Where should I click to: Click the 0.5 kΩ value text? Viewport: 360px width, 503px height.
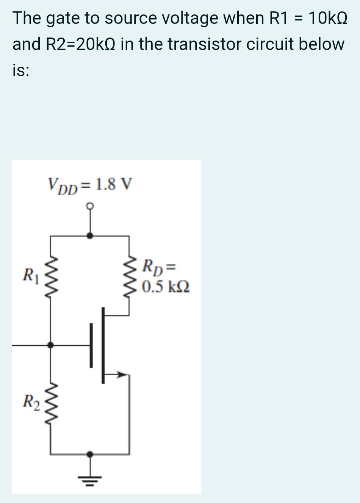click(166, 287)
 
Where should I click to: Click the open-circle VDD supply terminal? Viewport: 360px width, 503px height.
click(90, 206)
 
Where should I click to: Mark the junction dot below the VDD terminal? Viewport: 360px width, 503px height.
click(90, 235)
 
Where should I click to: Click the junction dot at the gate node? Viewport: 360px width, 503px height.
click(50, 345)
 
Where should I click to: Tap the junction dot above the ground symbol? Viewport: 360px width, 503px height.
click(90, 453)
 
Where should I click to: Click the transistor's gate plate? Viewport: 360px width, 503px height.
click(91, 345)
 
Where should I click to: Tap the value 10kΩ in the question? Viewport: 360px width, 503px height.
click(328, 18)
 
